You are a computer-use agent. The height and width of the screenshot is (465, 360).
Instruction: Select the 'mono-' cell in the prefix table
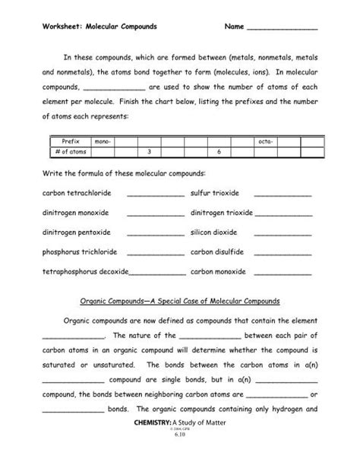coord(101,141)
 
